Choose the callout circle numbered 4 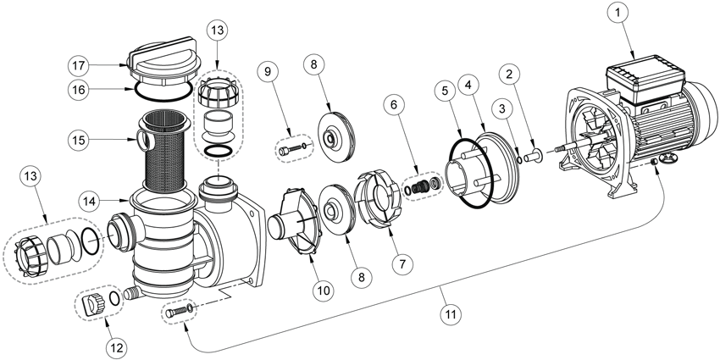468,84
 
